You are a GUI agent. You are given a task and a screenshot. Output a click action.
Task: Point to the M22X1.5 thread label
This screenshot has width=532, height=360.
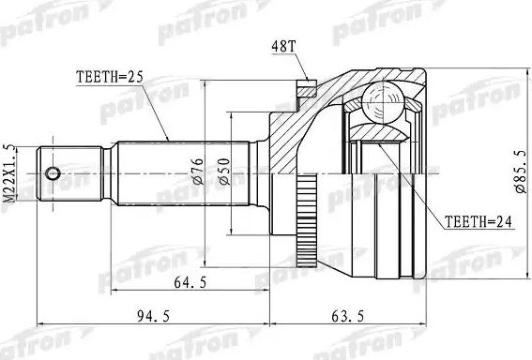tap(10, 173)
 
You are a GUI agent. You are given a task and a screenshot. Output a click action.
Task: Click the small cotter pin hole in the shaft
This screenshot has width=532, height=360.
tap(53, 173)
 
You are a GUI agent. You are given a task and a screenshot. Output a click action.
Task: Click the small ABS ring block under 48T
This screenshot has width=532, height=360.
tap(304, 89)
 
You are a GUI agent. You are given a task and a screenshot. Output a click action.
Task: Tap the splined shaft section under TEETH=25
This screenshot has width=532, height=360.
tap(178, 173)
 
